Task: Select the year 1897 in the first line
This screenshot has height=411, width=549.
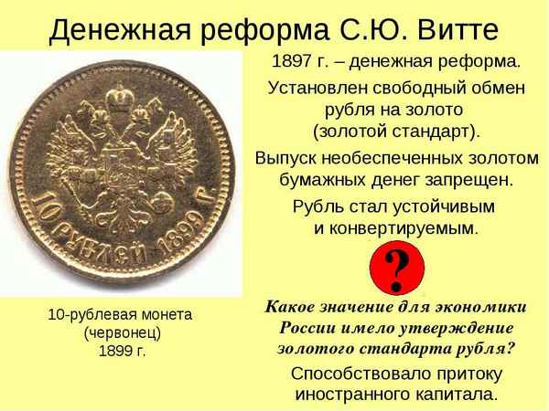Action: (291, 62)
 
